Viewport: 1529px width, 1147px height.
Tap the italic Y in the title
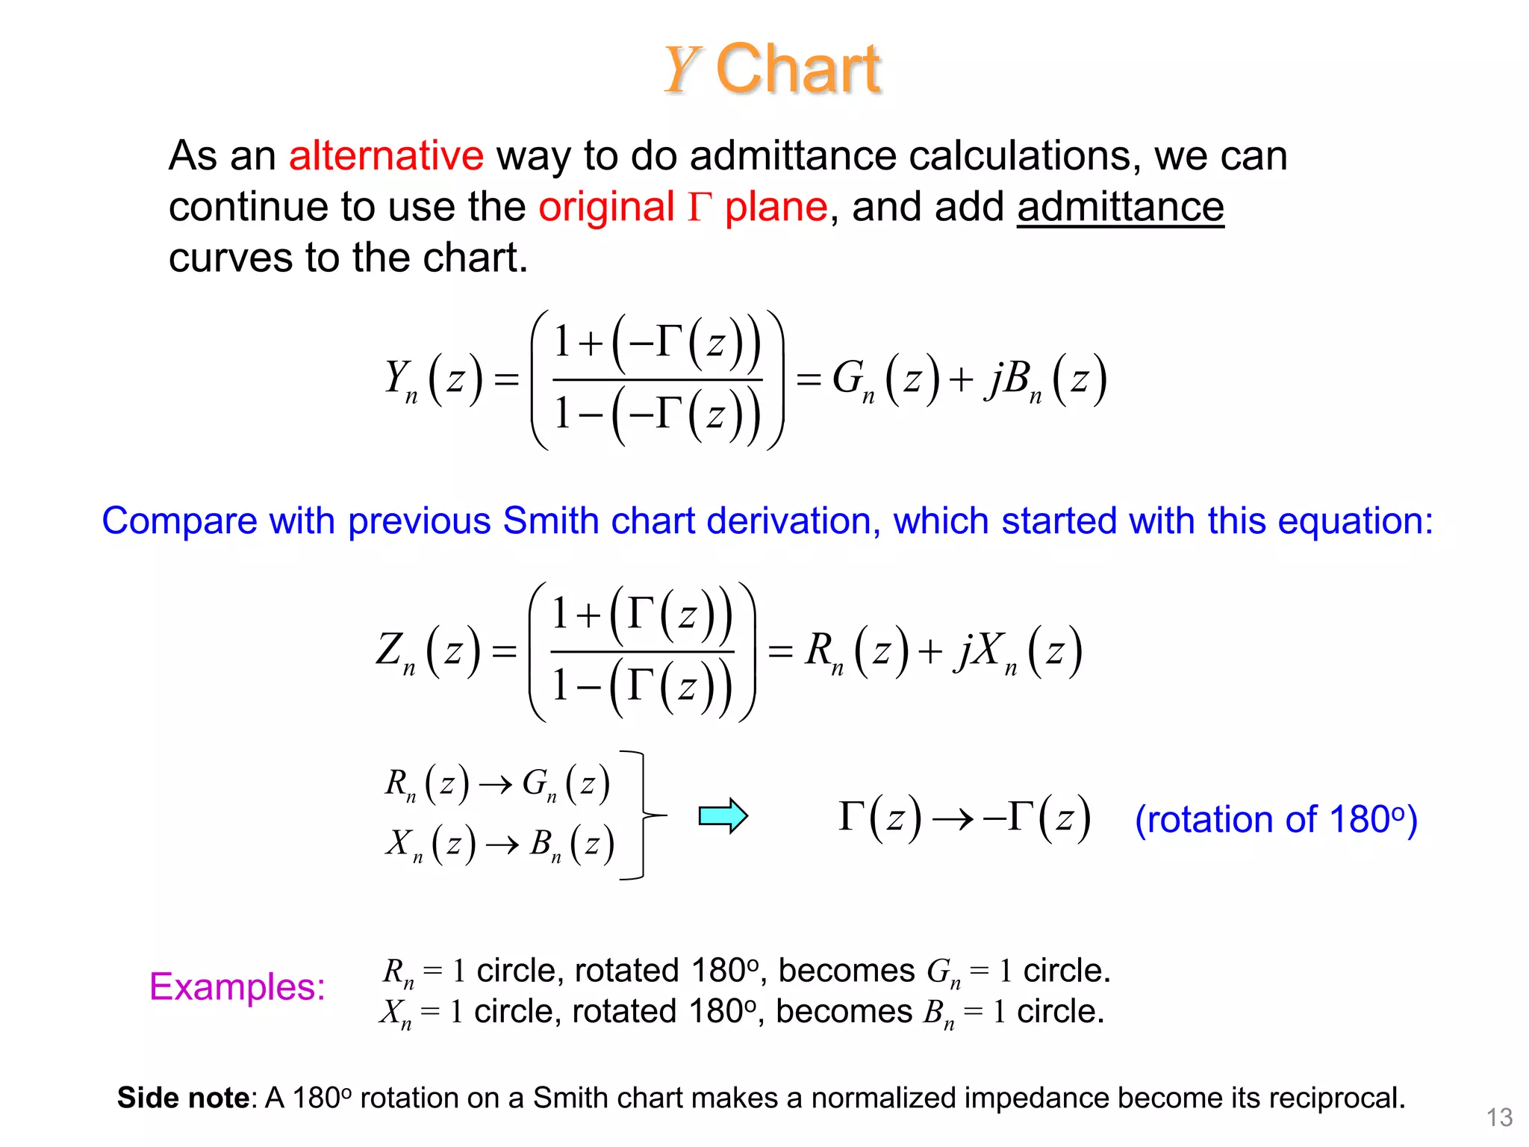click(x=681, y=70)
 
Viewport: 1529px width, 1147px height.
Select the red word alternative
click(x=386, y=156)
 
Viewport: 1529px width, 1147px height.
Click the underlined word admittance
click(x=1120, y=207)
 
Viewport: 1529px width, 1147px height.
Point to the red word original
click(x=606, y=207)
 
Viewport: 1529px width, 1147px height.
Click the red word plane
click(x=776, y=207)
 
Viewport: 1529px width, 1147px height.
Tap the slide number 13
click(x=1499, y=1117)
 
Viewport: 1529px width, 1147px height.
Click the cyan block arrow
click(x=723, y=815)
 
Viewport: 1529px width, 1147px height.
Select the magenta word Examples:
click(x=237, y=986)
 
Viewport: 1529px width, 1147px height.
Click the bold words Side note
click(x=183, y=1098)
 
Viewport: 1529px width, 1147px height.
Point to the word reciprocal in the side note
click(x=1336, y=1098)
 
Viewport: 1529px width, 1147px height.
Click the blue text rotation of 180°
click(x=1276, y=819)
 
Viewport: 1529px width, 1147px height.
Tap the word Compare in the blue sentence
click(x=178, y=520)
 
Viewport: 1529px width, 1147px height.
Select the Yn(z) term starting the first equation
click(x=432, y=380)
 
